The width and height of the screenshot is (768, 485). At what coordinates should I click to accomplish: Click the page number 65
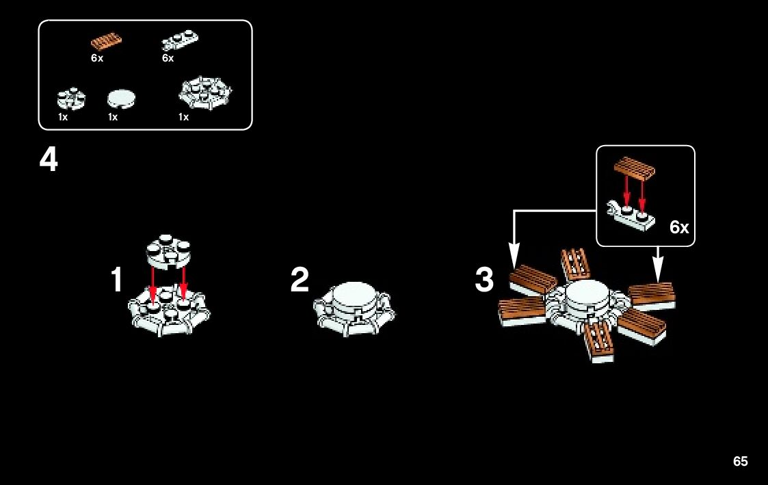tap(740, 462)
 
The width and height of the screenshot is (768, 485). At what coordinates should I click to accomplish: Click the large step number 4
tap(49, 161)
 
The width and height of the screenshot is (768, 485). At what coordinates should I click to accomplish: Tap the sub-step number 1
tap(117, 280)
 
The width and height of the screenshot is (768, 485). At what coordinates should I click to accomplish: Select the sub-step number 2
tap(300, 280)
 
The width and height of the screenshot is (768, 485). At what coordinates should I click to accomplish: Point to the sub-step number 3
tap(484, 280)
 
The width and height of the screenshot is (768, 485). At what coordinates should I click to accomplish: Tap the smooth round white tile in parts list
tap(122, 99)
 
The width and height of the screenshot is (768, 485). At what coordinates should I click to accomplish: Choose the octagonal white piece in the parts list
tap(204, 93)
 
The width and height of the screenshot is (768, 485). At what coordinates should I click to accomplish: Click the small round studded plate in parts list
tap(71, 99)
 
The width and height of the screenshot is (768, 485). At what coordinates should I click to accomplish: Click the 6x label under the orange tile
tap(97, 59)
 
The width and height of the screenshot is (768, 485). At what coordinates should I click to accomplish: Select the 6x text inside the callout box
tap(679, 228)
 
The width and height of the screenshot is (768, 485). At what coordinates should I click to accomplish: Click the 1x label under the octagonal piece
tap(183, 117)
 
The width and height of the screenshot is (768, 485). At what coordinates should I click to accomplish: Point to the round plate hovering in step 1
tap(168, 250)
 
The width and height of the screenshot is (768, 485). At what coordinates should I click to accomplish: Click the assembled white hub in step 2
tap(354, 307)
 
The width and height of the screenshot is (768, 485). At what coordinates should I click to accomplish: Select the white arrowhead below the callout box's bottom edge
tap(658, 274)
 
